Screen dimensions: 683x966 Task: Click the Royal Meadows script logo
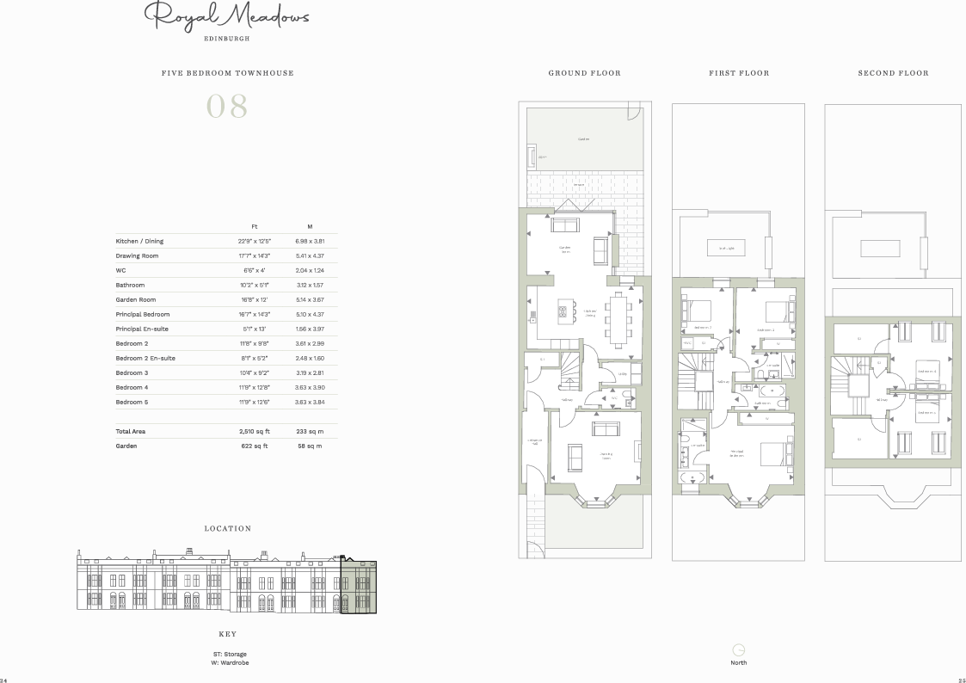[226, 16]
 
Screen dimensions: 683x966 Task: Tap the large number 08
[227, 107]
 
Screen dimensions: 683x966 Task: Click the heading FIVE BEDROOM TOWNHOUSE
[227, 73]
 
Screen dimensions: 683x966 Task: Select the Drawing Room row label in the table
[138, 255]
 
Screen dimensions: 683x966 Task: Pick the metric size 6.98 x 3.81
[310, 241]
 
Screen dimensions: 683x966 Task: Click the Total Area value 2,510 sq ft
[255, 431]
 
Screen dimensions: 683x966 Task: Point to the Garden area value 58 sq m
[310, 446]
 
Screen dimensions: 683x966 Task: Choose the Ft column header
[255, 225]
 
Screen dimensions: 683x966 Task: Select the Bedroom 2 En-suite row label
[145, 358]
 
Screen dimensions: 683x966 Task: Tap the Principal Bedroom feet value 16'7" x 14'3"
[255, 314]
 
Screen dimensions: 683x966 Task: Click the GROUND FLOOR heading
[584, 73]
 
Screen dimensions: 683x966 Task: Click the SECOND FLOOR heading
[893, 73]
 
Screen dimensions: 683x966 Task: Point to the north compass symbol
[738, 649]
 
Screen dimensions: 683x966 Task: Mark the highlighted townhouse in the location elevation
[359, 586]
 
